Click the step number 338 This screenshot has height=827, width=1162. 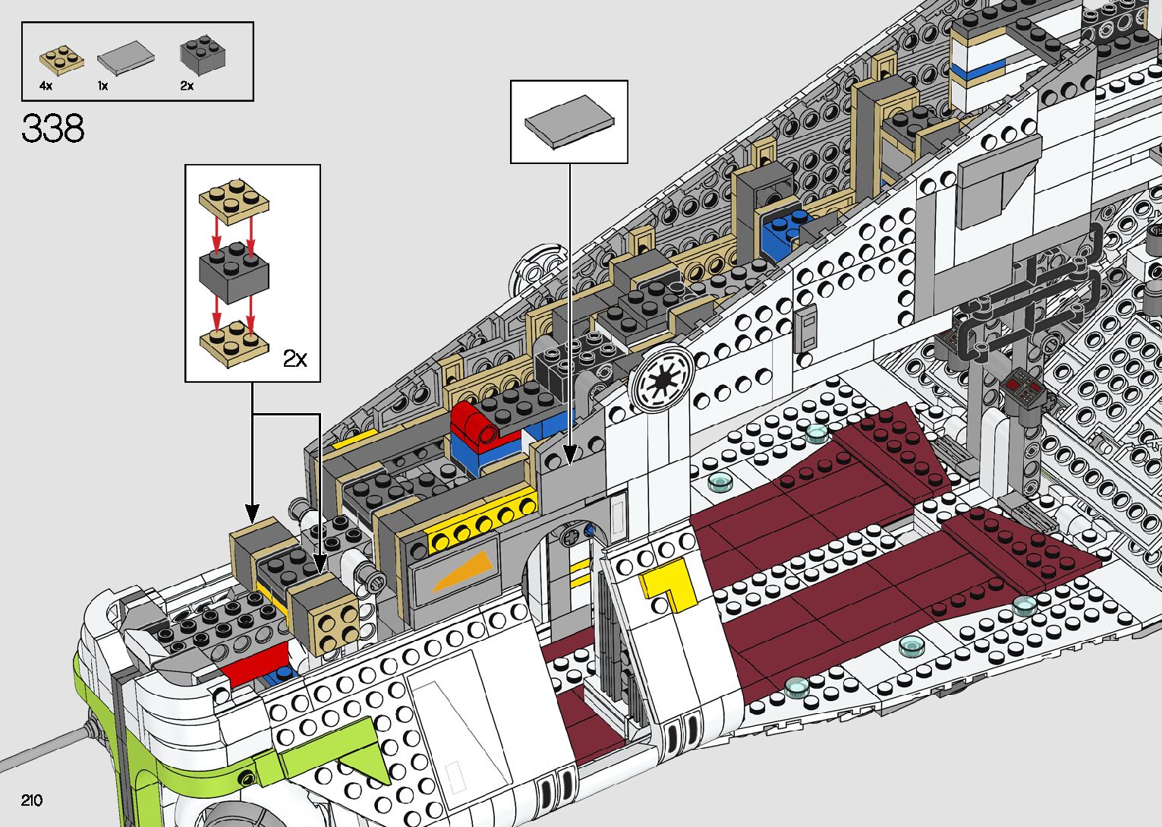pos(53,128)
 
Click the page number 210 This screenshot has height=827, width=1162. pos(32,800)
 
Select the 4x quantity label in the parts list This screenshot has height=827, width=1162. pos(46,86)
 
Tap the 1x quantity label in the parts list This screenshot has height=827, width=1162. pos(103,86)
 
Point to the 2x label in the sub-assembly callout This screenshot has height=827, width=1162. pos(294,358)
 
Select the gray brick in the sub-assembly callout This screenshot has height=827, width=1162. pos(234,273)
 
